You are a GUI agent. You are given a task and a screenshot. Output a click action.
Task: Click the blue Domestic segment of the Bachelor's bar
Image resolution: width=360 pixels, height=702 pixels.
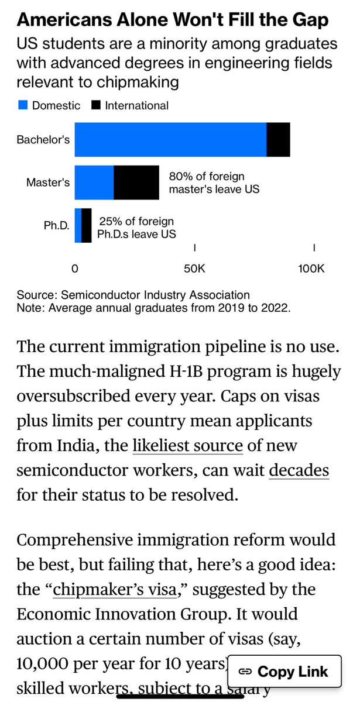[x=170, y=140]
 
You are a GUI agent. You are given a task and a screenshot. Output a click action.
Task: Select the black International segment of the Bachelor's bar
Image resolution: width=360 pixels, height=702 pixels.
[x=278, y=140]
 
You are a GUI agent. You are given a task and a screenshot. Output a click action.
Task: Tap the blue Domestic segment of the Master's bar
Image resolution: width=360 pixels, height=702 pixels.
[x=94, y=183]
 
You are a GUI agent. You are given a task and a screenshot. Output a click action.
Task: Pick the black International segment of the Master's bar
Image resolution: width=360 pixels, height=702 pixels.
[x=136, y=183]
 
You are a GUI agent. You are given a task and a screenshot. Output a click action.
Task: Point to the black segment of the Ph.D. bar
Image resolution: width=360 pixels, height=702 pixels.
[x=87, y=225]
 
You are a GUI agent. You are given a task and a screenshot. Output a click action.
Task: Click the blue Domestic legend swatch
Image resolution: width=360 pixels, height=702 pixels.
[x=23, y=105]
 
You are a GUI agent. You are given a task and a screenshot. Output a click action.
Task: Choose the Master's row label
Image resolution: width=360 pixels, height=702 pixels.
[x=48, y=183]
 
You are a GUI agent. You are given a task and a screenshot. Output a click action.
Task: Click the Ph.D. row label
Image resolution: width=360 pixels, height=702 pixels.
[x=56, y=226]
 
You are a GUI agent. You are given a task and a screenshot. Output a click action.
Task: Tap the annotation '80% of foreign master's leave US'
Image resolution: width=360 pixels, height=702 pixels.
[x=214, y=183]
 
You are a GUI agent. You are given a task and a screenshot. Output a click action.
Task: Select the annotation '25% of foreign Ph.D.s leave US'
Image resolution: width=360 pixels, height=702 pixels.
[x=138, y=227]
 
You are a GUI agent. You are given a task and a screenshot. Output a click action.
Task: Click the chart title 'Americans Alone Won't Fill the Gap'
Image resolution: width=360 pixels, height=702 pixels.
[x=172, y=20]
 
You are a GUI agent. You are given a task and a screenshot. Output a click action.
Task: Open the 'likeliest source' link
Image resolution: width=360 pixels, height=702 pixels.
[x=187, y=445]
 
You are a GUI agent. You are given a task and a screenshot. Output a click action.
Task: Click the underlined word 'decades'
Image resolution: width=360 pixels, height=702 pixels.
[x=299, y=470]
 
